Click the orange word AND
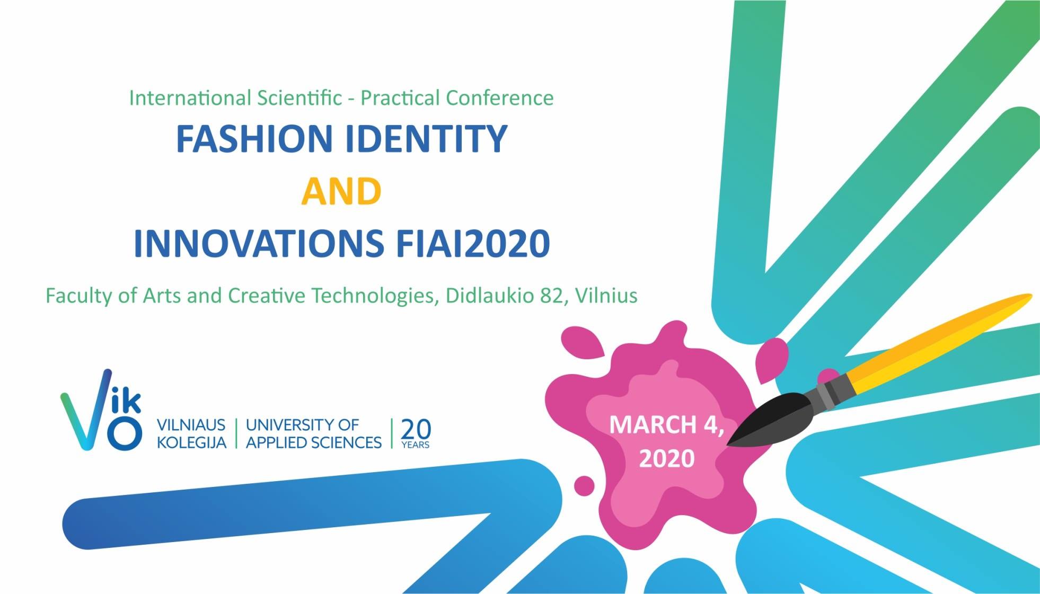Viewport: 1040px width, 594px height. click(x=341, y=191)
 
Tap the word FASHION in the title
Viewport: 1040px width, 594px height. click(x=254, y=139)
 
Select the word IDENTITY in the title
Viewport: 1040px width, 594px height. click(x=426, y=139)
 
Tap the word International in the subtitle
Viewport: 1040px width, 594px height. click(x=190, y=98)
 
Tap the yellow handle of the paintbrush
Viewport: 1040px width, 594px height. click(x=938, y=344)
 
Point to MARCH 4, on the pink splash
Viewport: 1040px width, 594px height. click(x=666, y=425)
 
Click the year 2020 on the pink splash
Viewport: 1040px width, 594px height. click(x=666, y=458)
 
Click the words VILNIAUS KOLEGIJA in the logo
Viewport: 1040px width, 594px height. click(x=191, y=433)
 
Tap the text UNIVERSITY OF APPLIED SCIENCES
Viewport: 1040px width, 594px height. click(x=313, y=433)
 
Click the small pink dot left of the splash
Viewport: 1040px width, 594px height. click(x=584, y=485)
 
